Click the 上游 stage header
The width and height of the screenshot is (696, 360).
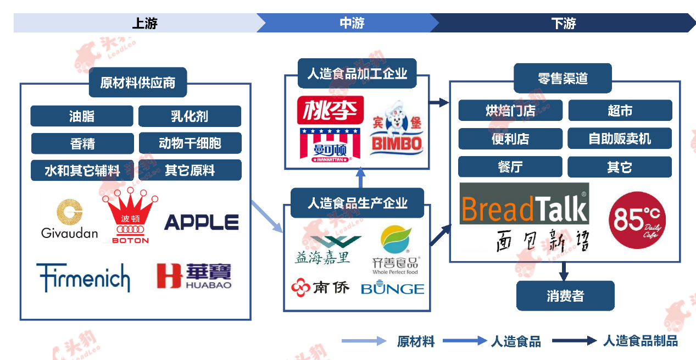[144, 23]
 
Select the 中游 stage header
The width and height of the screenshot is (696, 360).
[352, 23]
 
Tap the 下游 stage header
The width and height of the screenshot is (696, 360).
[563, 23]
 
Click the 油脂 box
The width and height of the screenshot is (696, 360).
[82, 117]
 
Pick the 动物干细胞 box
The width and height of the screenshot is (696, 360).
[190, 143]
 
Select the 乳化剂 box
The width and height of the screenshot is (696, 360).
[190, 117]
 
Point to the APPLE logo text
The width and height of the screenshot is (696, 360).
[201, 223]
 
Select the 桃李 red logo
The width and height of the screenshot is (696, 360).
[330, 110]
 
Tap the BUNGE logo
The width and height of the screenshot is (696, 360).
[392, 289]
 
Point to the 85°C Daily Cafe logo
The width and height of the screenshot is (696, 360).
[637, 220]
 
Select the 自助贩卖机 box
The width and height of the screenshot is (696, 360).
[620, 139]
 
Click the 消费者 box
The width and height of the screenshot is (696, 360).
[565, 296]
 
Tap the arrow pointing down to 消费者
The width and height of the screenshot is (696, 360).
[564, 271]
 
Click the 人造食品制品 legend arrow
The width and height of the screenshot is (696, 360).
[574, 341]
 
